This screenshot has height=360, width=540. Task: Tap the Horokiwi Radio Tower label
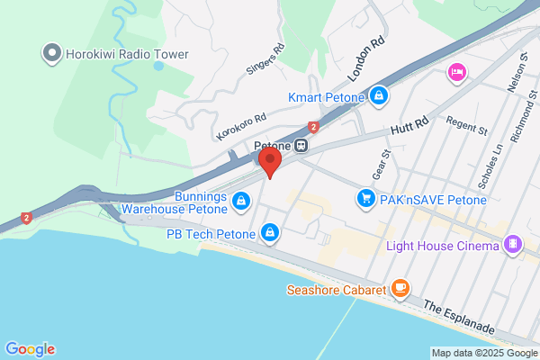point(126,54)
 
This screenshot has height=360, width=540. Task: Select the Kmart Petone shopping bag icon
point(380,95)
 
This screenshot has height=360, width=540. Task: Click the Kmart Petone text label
point(327,96)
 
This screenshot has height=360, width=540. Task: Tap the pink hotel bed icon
point(457,71)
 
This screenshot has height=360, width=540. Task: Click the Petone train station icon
point(302,144)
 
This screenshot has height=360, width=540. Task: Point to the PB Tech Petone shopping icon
point(269,234)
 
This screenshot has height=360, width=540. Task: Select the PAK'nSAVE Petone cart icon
point(365,197)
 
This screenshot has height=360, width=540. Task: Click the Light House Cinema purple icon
point(513,244)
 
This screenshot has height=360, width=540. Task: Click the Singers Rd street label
point(265,60)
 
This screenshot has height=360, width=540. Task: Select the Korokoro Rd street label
point(242,126)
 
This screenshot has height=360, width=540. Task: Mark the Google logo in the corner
point(30,349)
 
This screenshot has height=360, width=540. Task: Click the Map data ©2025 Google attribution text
point(483,353)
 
